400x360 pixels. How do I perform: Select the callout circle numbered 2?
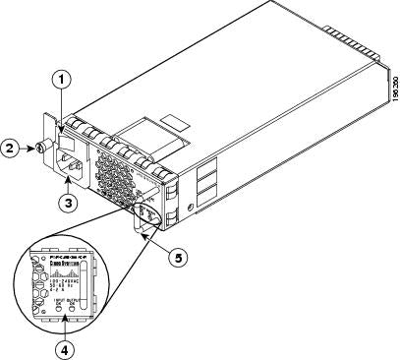pos(11,150)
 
